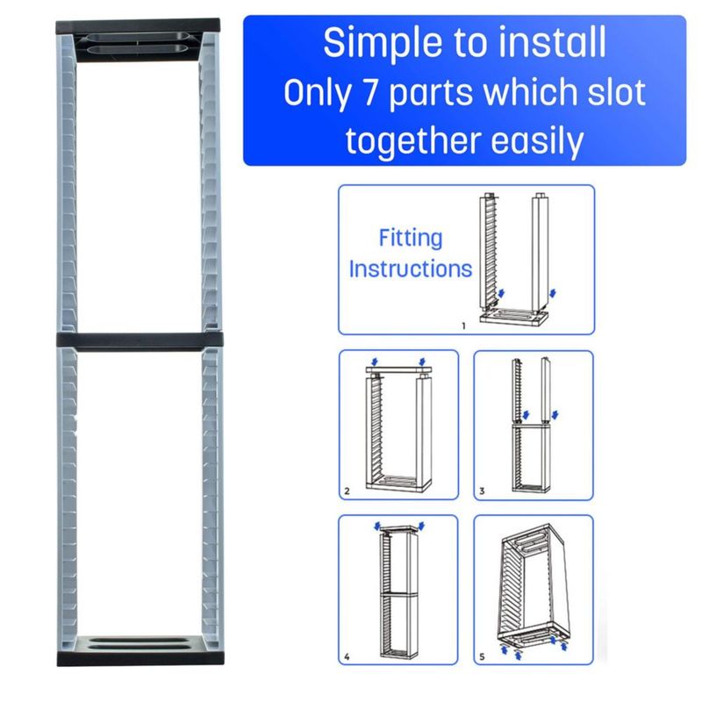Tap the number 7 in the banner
(x=369, y=93)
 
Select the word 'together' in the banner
(x=413, y=141)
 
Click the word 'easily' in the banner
(x=537, y=141)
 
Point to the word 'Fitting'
(x=411, y=238)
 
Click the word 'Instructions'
(x=410, y=269)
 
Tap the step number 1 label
(x=464, y=326)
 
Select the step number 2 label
(x=347, y=491)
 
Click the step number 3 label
(x=482, y=491)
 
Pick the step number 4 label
(x=347, y=656)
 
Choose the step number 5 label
(x=482, y=656)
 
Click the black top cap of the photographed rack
(x=138, y=27)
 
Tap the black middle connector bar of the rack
(x=140, y=340)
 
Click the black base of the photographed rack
(x=140, y=659)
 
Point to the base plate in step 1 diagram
(x=514, y=317)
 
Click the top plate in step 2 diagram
(x=398, y=370)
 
